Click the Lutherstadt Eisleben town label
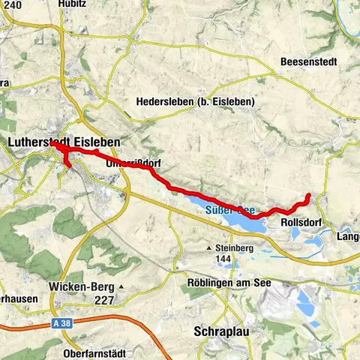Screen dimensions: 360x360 [x=64, y=141]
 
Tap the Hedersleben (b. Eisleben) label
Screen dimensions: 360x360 [x=196, y=102]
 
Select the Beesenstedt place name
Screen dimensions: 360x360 [x=308, y=61]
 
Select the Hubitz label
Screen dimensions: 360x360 [x=71, y=4]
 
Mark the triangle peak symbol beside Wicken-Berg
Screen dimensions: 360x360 [x=118, y=287]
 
